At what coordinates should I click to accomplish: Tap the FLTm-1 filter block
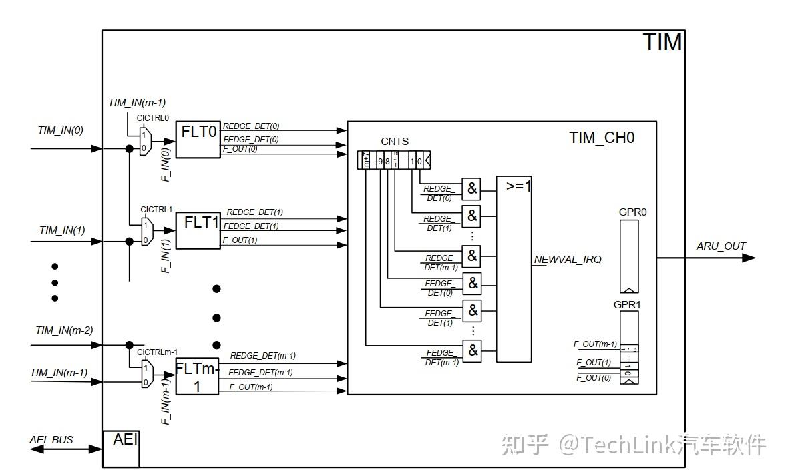coord(197,377)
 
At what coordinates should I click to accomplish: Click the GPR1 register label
coord(628,304)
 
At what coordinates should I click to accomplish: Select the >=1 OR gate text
coord(518,186)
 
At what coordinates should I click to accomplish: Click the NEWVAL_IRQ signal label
coord(568,259)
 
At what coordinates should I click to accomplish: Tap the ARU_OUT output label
coord(721,246)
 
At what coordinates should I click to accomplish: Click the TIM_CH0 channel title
coord(602,138)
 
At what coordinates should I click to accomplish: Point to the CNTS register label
coord(395,142)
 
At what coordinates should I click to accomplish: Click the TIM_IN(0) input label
coord(61,130)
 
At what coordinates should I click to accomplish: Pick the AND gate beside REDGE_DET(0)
coord(472,189)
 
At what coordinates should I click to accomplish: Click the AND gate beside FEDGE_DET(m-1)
coord(473,350)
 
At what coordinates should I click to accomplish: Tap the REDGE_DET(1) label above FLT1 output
coord(254,212)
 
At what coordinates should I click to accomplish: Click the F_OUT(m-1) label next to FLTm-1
coord(251,387)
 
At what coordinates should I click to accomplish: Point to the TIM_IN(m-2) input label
coord(64,330)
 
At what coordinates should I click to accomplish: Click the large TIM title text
coord(662,42)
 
